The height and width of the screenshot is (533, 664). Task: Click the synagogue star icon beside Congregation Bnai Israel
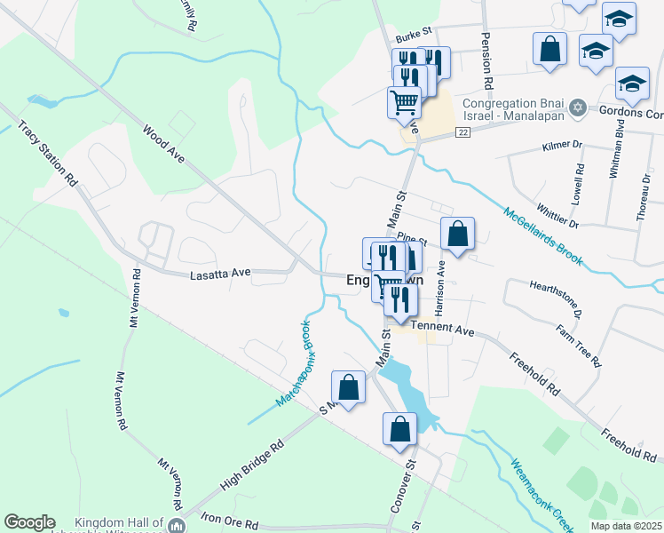(578, 107)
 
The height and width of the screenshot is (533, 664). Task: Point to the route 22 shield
(463, 131)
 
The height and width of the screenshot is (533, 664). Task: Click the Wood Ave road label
(163, 143)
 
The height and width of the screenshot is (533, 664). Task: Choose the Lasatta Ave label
(221, 275)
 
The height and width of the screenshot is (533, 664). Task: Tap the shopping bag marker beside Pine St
(457, 235)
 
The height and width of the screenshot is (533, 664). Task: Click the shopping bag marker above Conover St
(400, 429)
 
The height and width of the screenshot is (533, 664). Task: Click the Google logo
(29, 522)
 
